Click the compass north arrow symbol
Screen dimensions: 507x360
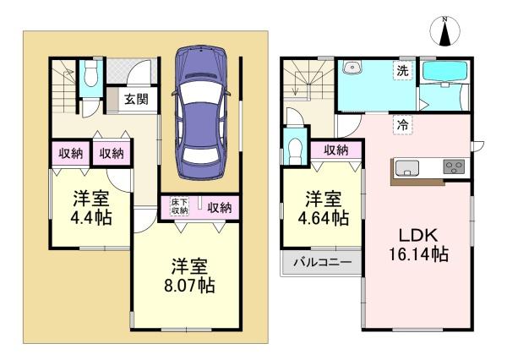pos(445,32)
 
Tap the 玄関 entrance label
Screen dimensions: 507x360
pos(136,99)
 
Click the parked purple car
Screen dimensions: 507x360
pos(201,112)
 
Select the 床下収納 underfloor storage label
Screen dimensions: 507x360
pos(180,206)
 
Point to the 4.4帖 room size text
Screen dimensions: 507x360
pos(91,217)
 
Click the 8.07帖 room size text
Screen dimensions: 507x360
pos(189,286)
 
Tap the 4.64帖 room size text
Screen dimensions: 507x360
pos(324,217)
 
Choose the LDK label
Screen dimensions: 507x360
pos(418,235)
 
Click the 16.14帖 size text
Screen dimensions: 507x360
pos(418,254)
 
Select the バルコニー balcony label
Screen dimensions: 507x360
pos(323,262)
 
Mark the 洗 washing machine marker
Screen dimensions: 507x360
pos(402,70)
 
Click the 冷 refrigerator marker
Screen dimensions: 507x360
pos(402,125)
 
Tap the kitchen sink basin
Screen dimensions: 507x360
pos(406,168)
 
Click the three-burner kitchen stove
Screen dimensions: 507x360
pos(454,166)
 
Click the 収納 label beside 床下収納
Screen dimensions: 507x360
pos(220,207)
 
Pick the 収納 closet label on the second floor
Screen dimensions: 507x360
pos(336,150)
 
